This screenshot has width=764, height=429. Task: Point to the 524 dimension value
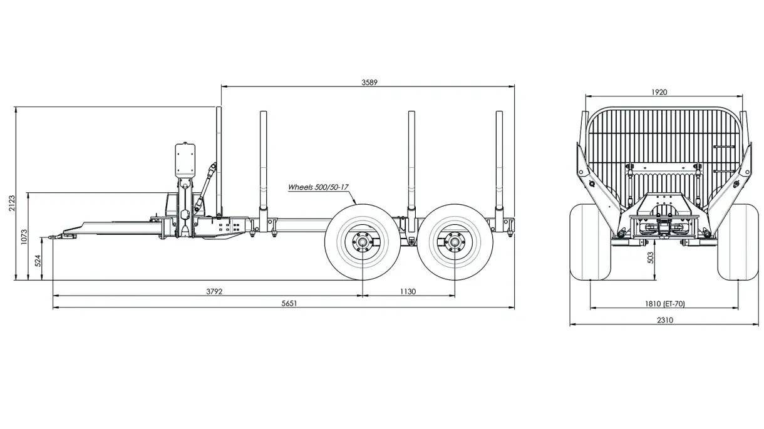click(38, 260)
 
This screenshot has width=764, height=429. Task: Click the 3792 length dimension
click(214, 291)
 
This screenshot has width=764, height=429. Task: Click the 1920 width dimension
click(659, 92)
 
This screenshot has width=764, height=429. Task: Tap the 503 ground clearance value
click(650, 257)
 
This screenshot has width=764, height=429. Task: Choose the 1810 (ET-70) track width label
click(664, 304)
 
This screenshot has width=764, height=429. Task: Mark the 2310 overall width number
click(665, 320)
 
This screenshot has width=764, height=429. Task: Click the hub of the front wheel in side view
click(362, 241)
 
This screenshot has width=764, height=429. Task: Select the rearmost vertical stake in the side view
click(499, 163)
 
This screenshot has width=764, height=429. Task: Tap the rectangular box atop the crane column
click(185, 160)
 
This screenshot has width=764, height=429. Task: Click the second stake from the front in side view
click(263, 163)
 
